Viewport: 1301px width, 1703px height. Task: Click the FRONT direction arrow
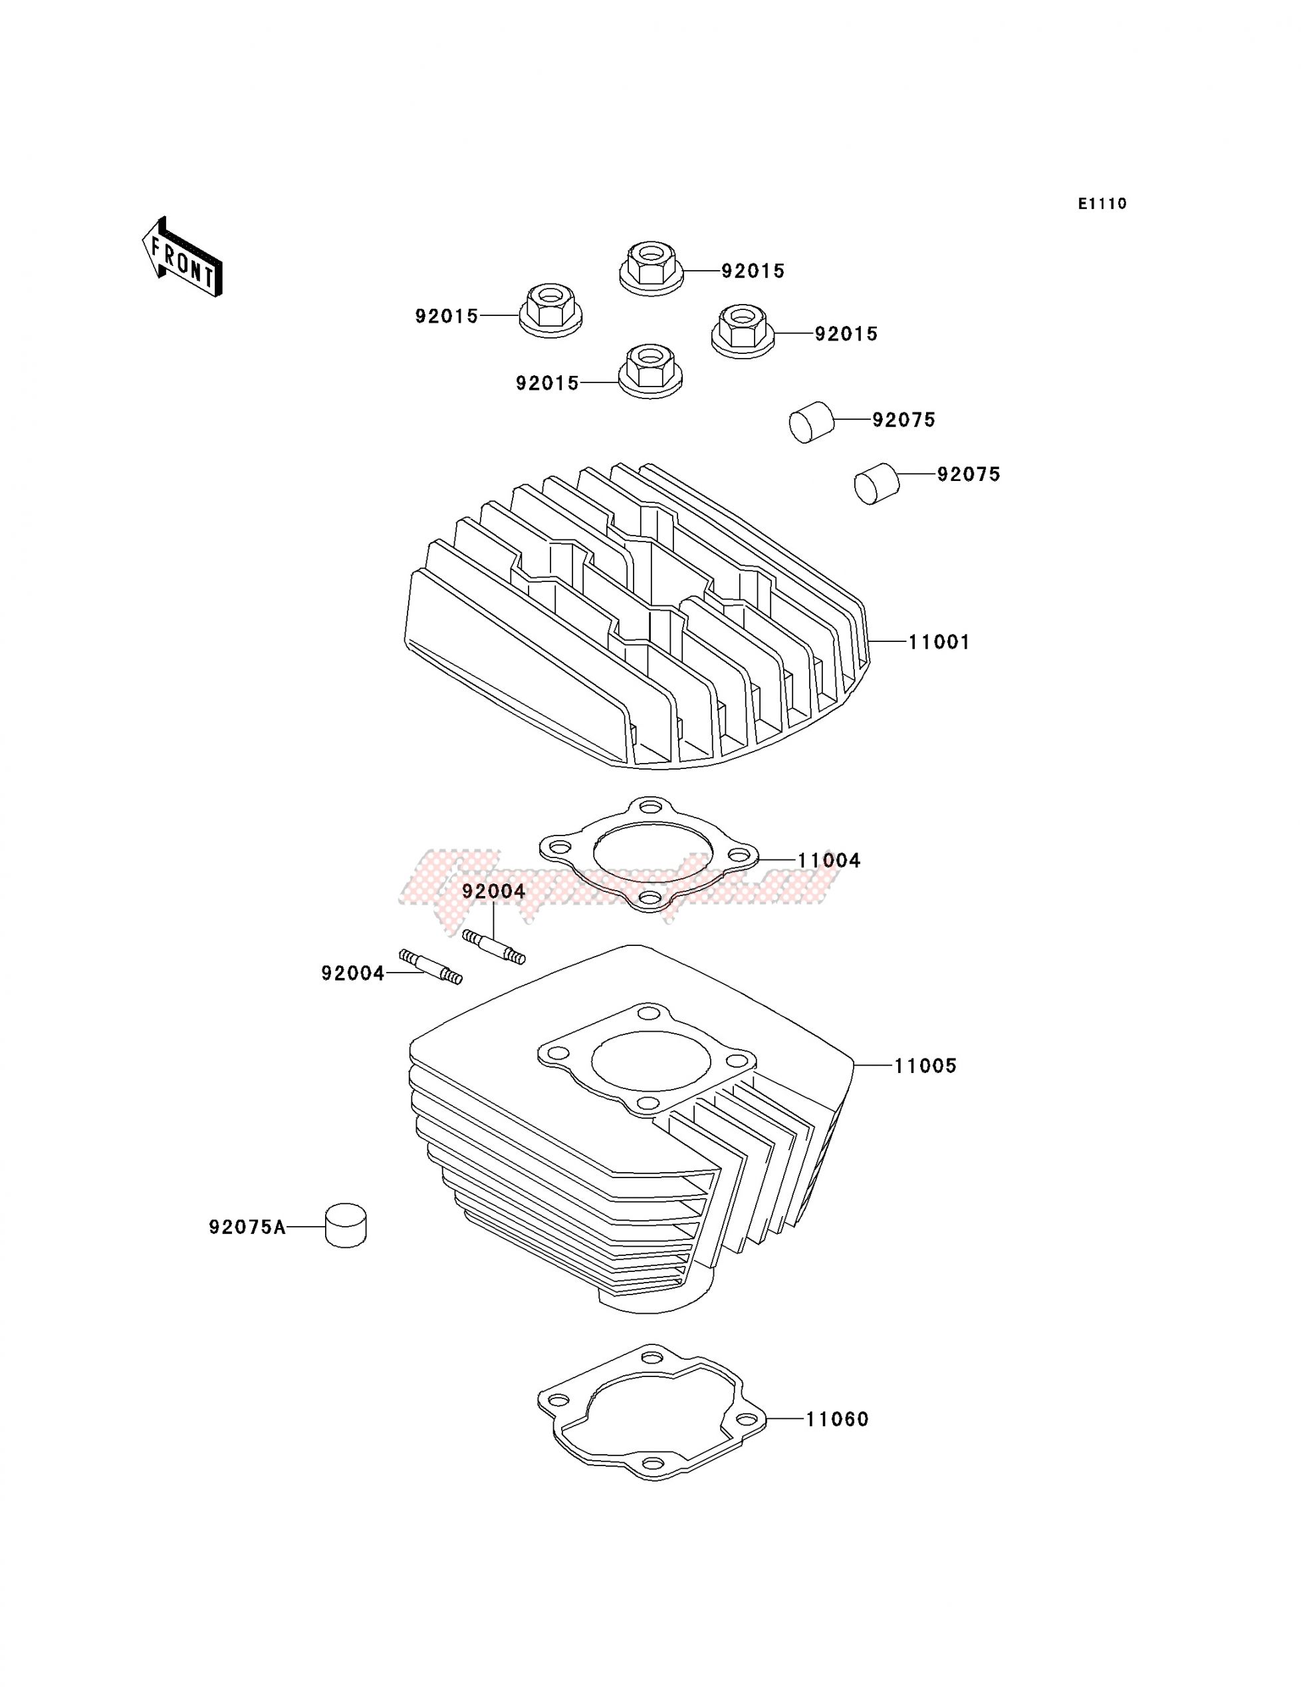182,257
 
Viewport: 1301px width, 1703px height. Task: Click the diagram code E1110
1102,204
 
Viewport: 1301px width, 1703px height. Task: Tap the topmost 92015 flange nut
650,267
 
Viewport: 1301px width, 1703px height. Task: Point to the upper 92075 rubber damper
810,422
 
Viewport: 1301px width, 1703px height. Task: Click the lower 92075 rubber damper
876,484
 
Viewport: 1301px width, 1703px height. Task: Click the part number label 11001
939,643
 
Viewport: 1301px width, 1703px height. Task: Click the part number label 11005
925,1066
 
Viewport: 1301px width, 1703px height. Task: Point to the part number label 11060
837,1420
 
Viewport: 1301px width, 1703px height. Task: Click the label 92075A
246,1227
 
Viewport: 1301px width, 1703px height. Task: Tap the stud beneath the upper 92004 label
494,947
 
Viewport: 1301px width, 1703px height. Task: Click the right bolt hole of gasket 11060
746,1419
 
